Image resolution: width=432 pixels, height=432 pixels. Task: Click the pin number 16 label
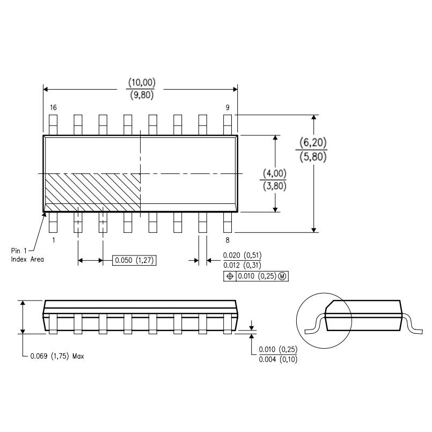[x=53, y=108]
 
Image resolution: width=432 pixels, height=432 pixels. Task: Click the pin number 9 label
[x=228, y=108]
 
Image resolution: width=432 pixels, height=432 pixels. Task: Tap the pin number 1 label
[x=53, y=240]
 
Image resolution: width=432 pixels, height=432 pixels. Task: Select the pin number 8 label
[x=228, y=240]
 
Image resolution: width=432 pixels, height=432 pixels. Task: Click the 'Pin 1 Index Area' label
[x=27, y=255]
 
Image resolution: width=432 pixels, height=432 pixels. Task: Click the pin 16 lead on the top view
[x=53, y=124]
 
